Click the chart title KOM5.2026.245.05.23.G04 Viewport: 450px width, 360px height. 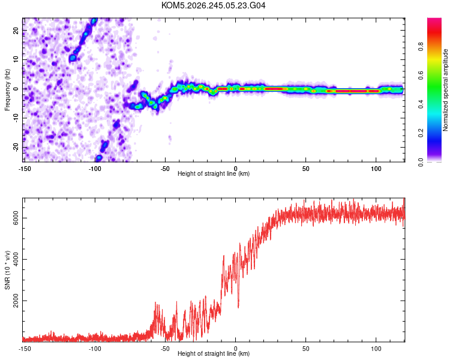click(213, 5)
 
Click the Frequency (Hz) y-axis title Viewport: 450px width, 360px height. click(7, 90)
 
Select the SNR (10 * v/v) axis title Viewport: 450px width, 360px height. click(7, 270)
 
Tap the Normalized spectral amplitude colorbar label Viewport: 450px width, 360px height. click(445, 90)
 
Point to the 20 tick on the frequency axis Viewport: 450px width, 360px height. click(16, 30)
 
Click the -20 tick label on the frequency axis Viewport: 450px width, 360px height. click(16, 147)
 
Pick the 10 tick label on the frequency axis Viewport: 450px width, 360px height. click(16, 59)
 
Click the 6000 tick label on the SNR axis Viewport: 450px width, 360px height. click(16, 218)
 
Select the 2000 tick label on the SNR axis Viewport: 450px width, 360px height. click(16, 301)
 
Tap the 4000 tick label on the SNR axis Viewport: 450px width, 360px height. click(16, 260)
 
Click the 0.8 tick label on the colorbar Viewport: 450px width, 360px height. click(421, 46)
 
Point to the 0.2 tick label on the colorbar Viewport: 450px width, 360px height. click(421, 133)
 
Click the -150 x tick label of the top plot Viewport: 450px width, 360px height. click(25, 169)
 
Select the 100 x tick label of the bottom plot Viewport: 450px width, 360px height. click(376, 349)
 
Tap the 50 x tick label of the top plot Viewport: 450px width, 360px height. click(305, 169)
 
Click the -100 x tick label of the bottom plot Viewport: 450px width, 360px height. click(95, 349)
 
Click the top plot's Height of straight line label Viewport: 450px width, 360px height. click(214, 173)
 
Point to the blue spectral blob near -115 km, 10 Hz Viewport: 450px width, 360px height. click(73, 58)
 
